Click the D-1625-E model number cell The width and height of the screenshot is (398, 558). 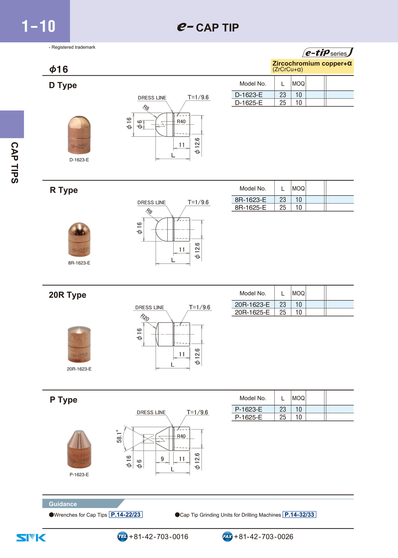pyautogui.click(x=249, y=103)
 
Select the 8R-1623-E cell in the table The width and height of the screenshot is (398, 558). pyautogui.click(x=250, y=200)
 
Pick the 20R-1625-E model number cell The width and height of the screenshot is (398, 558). pyautogui.click(x=252, y=312)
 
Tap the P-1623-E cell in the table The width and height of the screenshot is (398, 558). pyautogui.click(x=248, y=409)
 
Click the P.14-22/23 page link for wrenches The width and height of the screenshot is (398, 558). pyautogui.click(x=126, y=515)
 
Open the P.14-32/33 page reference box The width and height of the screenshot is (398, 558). pyautogui.click(x=299, y=515)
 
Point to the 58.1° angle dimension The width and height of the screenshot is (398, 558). pyautogui.click(x=119, y=436)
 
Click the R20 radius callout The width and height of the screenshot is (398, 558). pyautogui.click(x=145, y=317)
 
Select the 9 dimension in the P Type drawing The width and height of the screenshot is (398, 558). pyautogui.click(x=162, y=459)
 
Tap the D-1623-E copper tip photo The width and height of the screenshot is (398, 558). pyautogui.click(x=79, y=135)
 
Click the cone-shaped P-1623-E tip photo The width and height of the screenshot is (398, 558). pyautogui.click(x=79, y=449)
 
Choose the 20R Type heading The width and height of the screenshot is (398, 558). pyautogui.click(x=67, y=295)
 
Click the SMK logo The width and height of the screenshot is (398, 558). pyautogui.click(x=31, y=538)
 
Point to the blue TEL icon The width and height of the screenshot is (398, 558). pyautogui.click(x=122, y=536)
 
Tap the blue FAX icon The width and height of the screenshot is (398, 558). pyautogui.click(x=227, y=536)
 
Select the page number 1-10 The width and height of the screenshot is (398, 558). pyautogui.click(x=38, y=26)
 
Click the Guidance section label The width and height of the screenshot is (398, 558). pyautogui.click(x=63, y=504)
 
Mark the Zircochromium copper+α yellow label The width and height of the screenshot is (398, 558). pyautogui.click(x=312, y=66)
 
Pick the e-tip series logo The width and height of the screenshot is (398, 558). pyautogui.click(x=328, y=52)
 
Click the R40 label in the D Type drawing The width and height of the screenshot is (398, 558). pyautogui.click(x=181, y=121)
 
